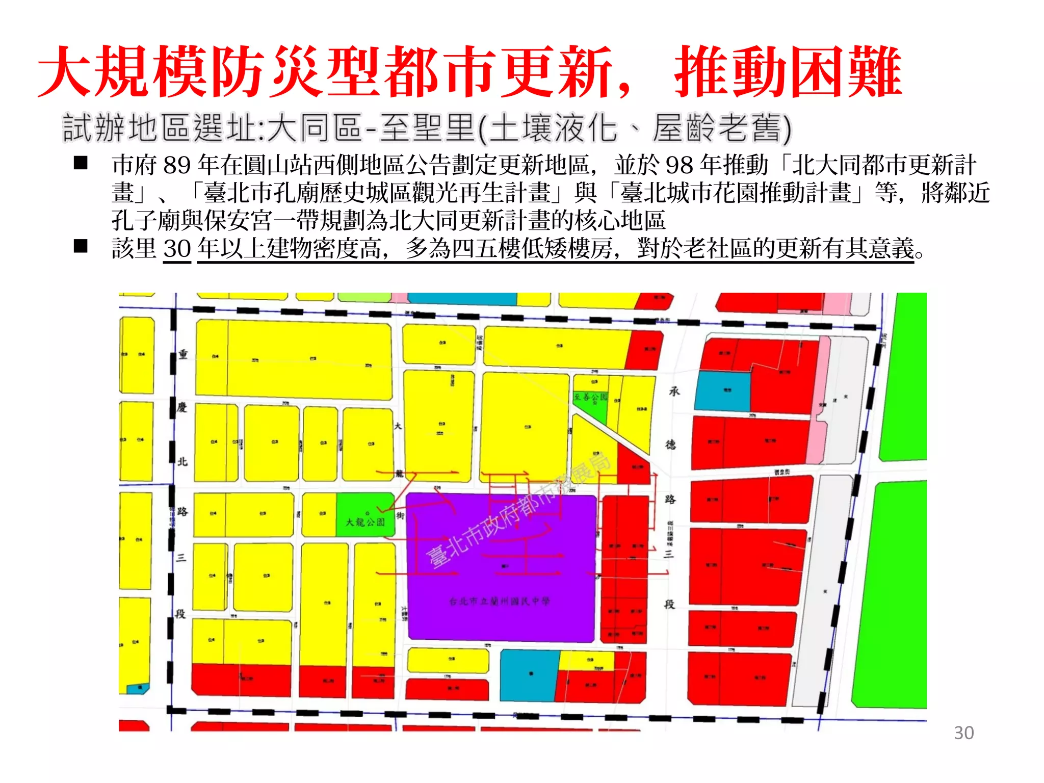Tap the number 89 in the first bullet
point(177,165)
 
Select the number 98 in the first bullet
point(680,165)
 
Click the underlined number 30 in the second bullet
point(177,249)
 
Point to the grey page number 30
point(963,733)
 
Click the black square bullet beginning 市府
point(81,163)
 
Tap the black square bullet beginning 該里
point(81,247)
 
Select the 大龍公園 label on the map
point(365,522)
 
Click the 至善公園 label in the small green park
point(590,397)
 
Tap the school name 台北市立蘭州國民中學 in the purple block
point(500,602)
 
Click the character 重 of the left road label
point(183,354)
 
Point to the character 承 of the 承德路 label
point(674,391)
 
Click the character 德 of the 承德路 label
point(671,445)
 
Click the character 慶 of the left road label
point(182,407)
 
